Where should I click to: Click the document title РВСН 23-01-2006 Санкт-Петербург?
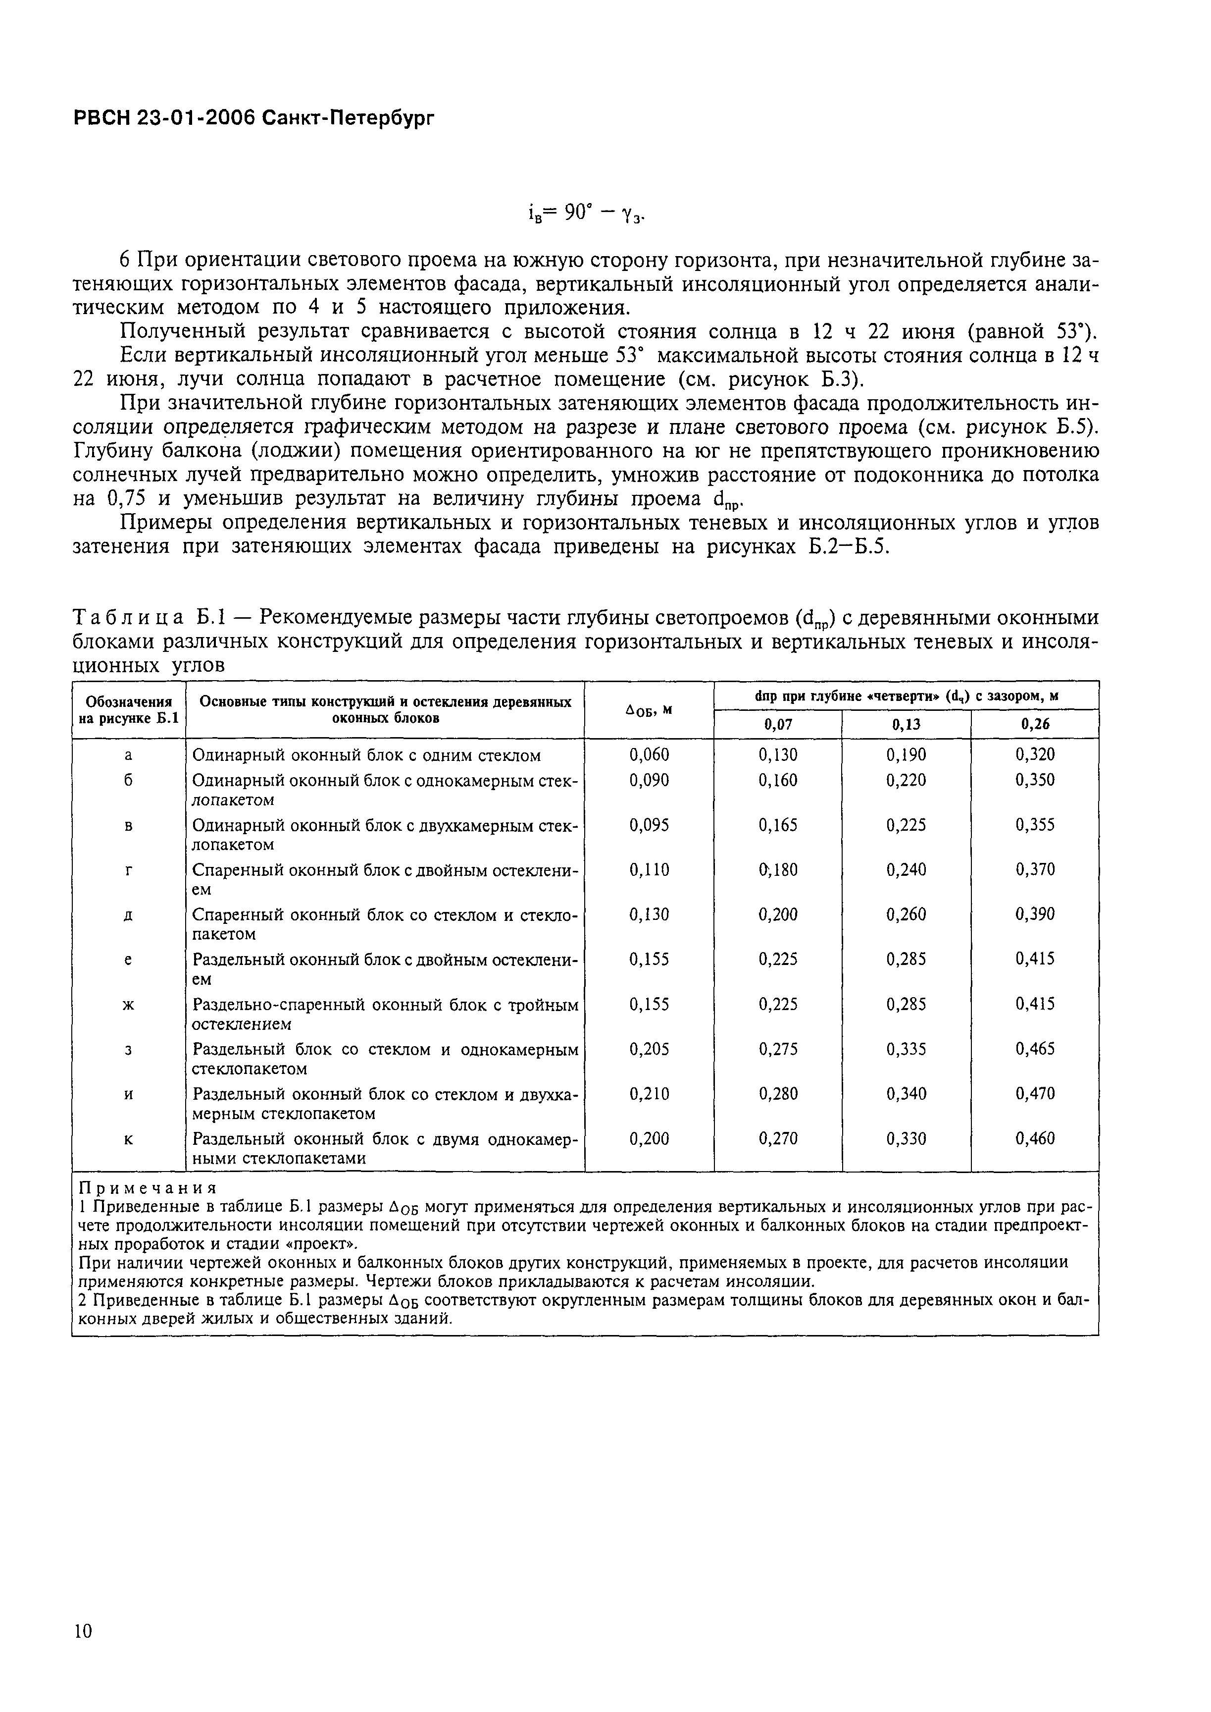[253, 118]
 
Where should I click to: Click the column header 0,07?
[778, 724]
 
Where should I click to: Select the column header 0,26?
[1035, 724]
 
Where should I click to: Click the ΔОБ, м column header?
[649, 710]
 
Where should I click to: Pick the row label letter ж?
[128, 1004]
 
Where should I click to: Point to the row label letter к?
[128, 1139]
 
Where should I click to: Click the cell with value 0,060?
[649, 755]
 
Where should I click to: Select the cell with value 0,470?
[1035, 1094]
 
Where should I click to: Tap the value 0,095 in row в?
[649, 825]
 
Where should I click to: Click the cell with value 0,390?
[1035, 914]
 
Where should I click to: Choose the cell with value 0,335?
[906, 1049]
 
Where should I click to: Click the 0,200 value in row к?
[649, 1139]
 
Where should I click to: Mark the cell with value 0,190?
[906, 755]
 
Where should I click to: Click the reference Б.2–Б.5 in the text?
[850, 547]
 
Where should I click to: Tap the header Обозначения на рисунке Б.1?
[128, 710]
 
